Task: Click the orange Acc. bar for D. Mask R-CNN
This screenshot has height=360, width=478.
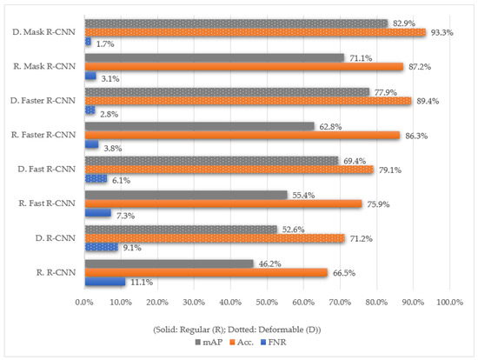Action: [x=256, y=32]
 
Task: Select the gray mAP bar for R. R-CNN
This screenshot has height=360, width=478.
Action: [x=169, y=263]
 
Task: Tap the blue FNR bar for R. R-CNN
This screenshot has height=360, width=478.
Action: [x=105, y=282]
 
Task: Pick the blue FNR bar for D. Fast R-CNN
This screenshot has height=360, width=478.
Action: [x=96, y=179]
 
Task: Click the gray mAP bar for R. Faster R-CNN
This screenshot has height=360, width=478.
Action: [x=199, y=126]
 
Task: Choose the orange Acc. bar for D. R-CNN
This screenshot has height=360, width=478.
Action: [x=215, y=238]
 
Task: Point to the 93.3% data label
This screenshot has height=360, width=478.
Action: [x=441, y=33]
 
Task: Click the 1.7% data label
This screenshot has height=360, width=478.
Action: [x=105, y=44]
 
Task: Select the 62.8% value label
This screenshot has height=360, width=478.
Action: [x=330, y=127]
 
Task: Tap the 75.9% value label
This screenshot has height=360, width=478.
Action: [x=378, y=204]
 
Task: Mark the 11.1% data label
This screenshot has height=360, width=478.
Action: [x=142, y=283]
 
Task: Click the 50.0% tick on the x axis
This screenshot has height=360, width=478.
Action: [x=267, y=303]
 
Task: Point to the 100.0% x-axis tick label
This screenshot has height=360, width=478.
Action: [x=449, y=303]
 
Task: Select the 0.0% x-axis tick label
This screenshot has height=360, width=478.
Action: [x=84, y=303]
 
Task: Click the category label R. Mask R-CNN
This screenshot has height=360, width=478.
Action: [x=44, y=66]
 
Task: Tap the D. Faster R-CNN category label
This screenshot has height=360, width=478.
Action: [x=43, y=101]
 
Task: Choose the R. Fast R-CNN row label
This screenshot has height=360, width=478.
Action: [x=47, y=203]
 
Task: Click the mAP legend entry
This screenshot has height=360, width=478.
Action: [x=209, y=343]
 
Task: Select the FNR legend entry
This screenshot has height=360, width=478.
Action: [x=274, y=343]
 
